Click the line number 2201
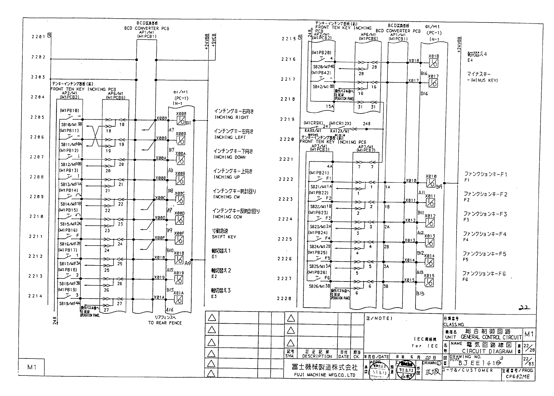click(x=38, y=37)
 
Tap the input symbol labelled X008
click(x=181, y=120)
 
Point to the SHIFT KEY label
click(x=224, y=237)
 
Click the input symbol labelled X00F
click(x=179, y=240)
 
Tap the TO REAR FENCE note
click(x=165, y=323)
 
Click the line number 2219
click(x=287, y=119)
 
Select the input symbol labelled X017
click(x=433, y=83)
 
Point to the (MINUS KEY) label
click(x=482, y=80)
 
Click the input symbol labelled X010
click(x=431, y=183)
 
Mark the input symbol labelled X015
click(x=429, y=282)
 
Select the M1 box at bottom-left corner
click(x=31, y=367)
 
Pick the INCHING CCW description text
click(x=227, y=217)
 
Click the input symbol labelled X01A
click(x=179, y=299)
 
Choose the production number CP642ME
click(x=518, y=376)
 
